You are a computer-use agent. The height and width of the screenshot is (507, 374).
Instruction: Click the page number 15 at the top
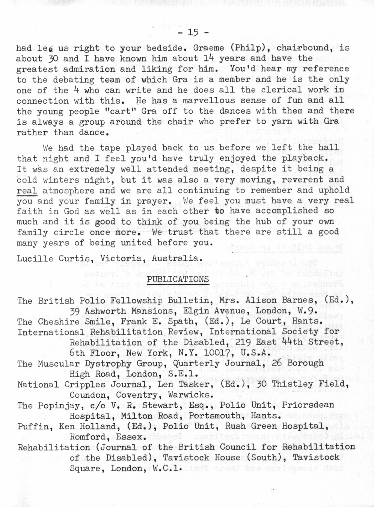pyautogui.click(x=193, y=33)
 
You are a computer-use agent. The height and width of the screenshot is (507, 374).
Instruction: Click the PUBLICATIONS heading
pyautogui.click(x=178, y=279)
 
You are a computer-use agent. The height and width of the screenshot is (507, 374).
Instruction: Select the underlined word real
pyautogui.click(x=27, y=191)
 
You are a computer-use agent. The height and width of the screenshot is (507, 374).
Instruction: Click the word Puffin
pyautogui.click(x=33, y=427)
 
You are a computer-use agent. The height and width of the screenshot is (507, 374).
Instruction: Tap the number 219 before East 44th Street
pyautogui.click(x=243, y=342)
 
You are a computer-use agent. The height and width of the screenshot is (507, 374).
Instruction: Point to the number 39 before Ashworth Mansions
pyautogui.click(x=74, y=311)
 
